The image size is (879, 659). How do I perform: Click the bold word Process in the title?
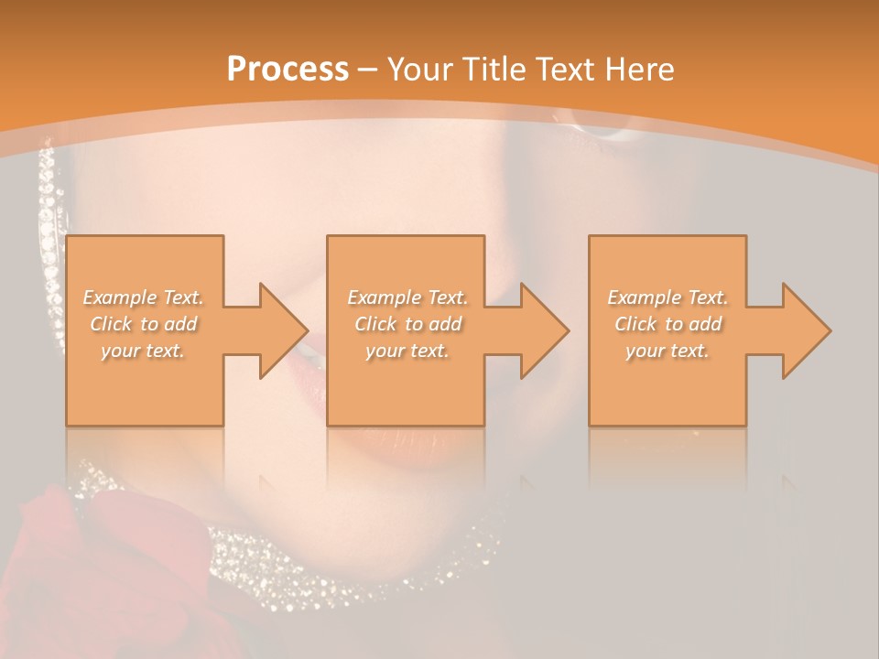coord(288,70)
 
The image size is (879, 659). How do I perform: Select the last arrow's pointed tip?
coord(829,330)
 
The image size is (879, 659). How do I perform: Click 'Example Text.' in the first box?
coord(144,297)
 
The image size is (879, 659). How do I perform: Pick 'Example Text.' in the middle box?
coord(407,297)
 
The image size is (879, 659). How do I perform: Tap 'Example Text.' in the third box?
coord(667,297)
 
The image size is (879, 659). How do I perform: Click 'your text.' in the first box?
coord(143,351)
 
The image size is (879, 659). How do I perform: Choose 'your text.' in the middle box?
coord(407,351)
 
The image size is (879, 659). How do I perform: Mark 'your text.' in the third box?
coord(667,351)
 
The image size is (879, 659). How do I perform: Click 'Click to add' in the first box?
coord(144,324)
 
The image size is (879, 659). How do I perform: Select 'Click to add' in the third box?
coord(667,324)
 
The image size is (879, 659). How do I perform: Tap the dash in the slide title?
coord(367,70)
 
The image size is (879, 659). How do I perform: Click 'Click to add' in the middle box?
coord(407,324)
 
